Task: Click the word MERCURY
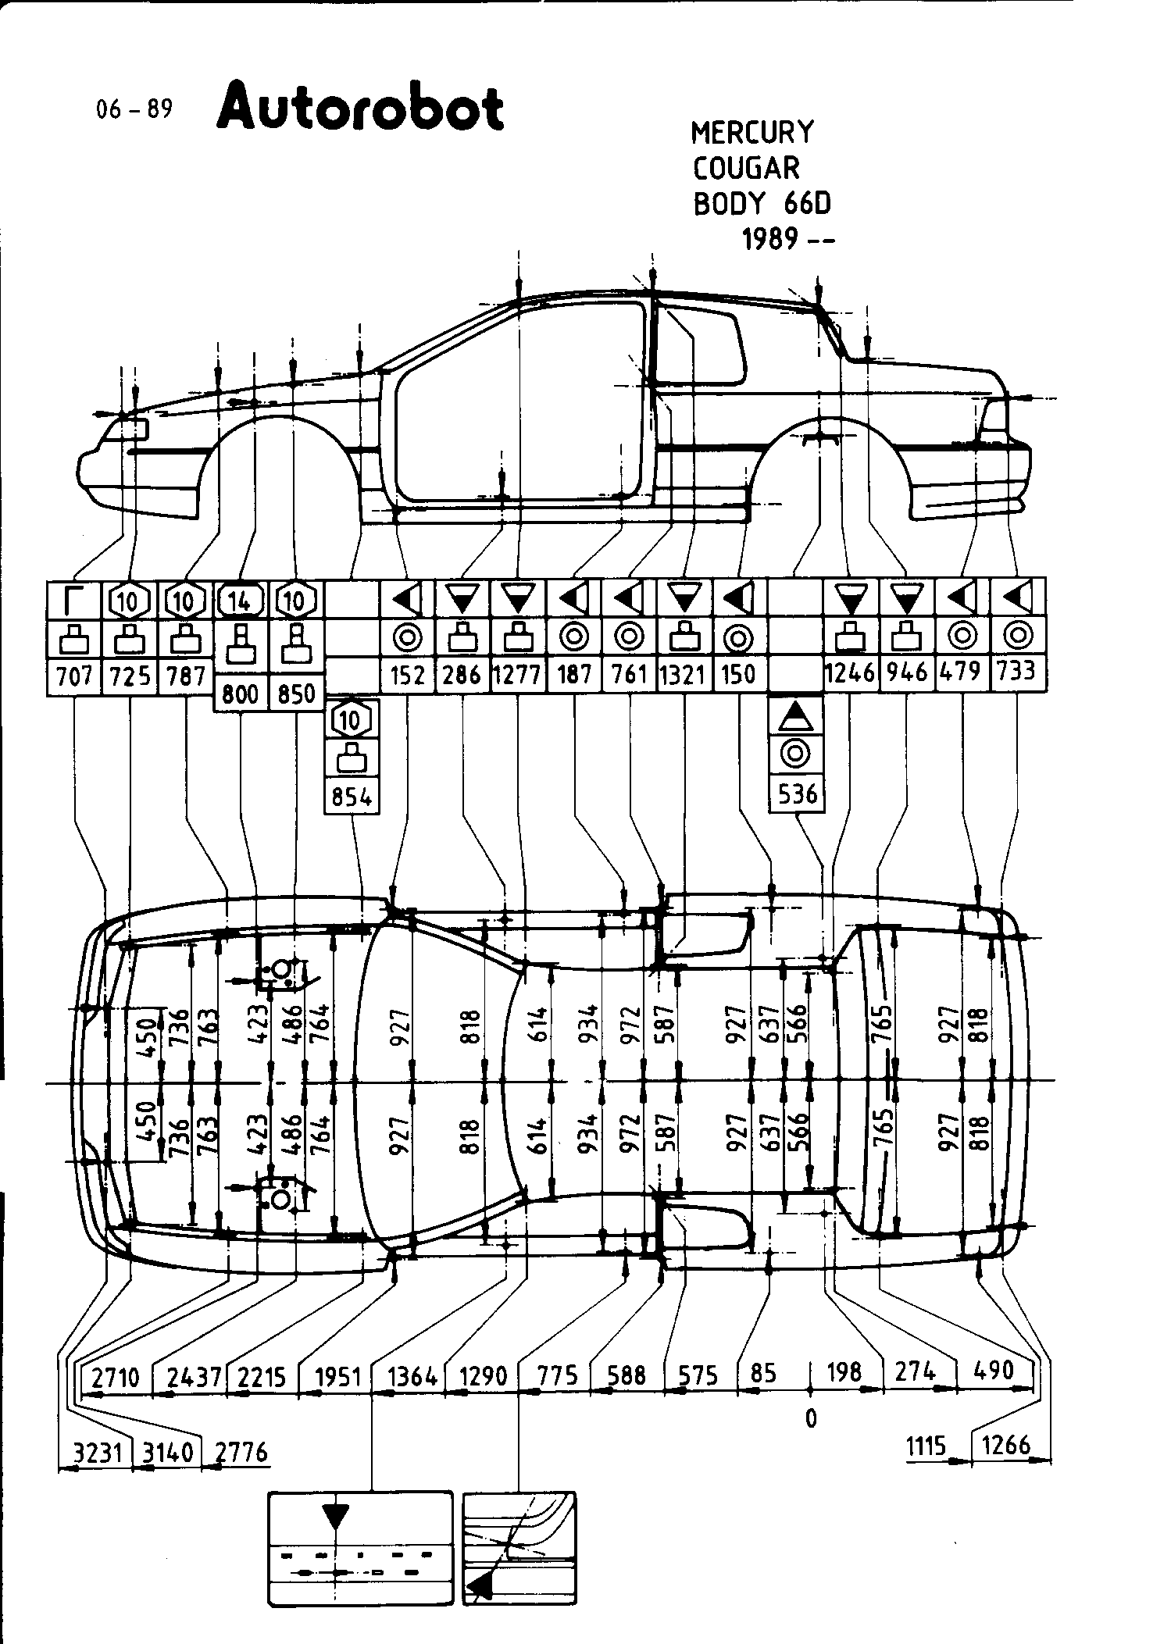(752, 132)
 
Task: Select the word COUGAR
(746, 168)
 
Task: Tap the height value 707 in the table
(75, 675)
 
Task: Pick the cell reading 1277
(517, 673)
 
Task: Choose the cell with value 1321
(684, 673)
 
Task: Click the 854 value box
(352, 797)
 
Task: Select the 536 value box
(797, 794)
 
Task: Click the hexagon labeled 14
(241, 601)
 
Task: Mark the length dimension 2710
(116, 1376)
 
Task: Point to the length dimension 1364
(411, 1375)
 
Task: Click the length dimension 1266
(1006, 1445)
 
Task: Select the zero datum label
(811, 1418)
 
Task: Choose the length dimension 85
(762, 1372)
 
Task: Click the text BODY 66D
(762, 203)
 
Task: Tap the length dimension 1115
(926, 1446)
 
